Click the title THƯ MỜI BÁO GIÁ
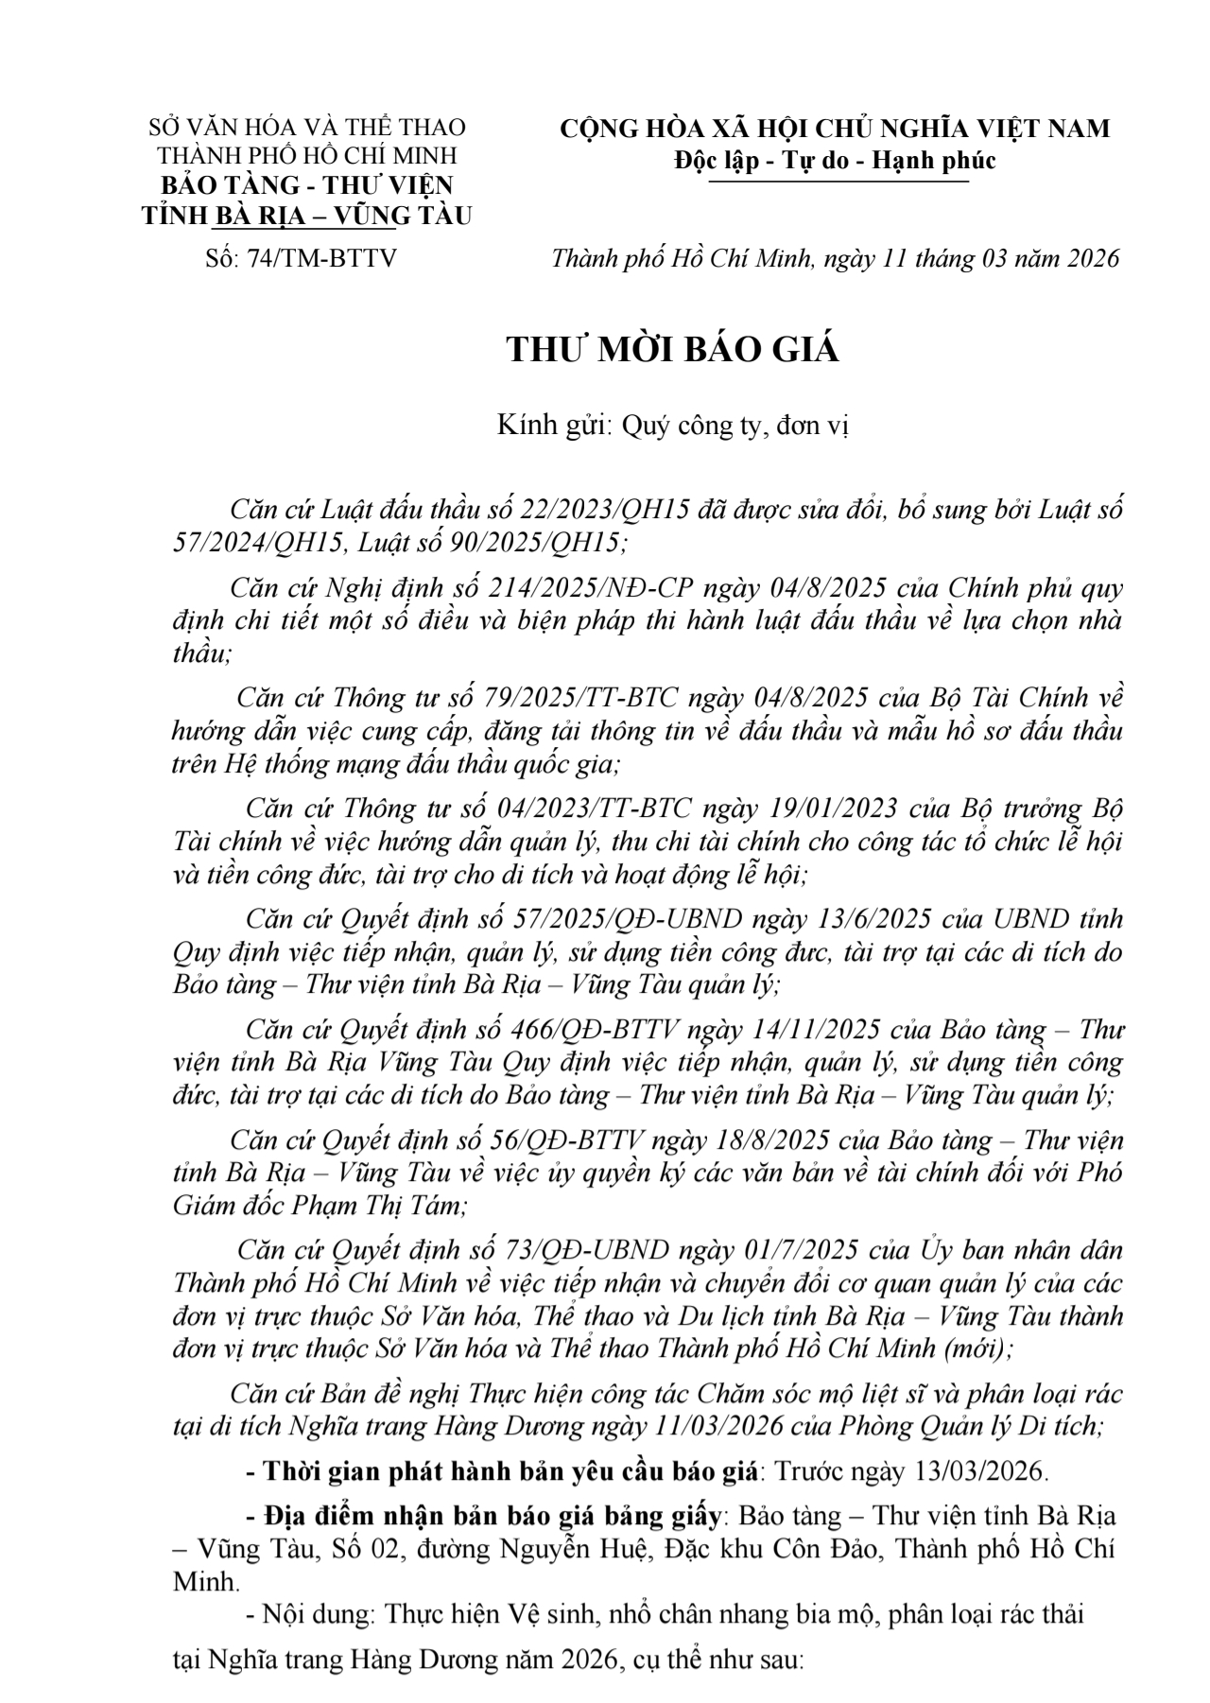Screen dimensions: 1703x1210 point(673,350)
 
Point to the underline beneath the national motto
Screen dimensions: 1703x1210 point(838,181)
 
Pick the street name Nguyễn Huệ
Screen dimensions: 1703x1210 point(524,1549)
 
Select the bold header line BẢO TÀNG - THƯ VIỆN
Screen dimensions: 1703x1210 point(306,184)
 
